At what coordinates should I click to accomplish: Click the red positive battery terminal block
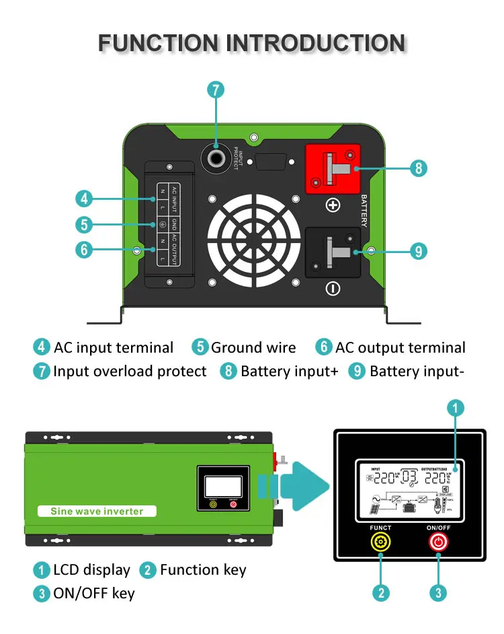click(333, 170)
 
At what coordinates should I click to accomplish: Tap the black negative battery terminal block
click(333, 252)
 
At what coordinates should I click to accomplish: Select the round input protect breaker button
click(216, 159)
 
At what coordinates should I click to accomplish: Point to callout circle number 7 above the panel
click(215, 90)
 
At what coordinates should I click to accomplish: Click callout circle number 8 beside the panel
click(418, 168)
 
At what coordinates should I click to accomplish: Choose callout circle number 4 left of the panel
click(83, 199)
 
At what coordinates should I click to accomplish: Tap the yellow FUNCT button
click(381, 542)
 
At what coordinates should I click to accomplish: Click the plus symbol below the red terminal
click(333, 205)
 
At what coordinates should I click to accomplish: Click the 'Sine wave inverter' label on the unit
click(97, 511)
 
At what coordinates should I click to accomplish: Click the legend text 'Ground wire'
click(253, 347)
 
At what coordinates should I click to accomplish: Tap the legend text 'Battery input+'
click(289, 372)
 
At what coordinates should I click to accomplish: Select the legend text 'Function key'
click(203, 570)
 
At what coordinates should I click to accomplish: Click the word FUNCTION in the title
click(159, 44)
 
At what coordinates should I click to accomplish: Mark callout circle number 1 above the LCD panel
click(455, 408)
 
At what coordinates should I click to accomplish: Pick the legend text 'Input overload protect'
click(130, 372)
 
